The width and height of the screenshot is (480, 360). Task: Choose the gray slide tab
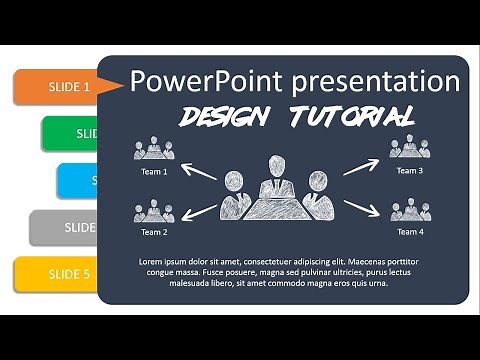[65, 227]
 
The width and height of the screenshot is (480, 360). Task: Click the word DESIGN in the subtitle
[227, 116]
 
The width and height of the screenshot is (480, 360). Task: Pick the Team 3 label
[409, 171]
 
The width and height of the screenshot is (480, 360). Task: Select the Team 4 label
[409, 232]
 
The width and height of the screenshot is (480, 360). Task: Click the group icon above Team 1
[154, 151]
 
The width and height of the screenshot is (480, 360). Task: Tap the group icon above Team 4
[409, 210]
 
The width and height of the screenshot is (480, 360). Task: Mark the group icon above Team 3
[409, 149]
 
